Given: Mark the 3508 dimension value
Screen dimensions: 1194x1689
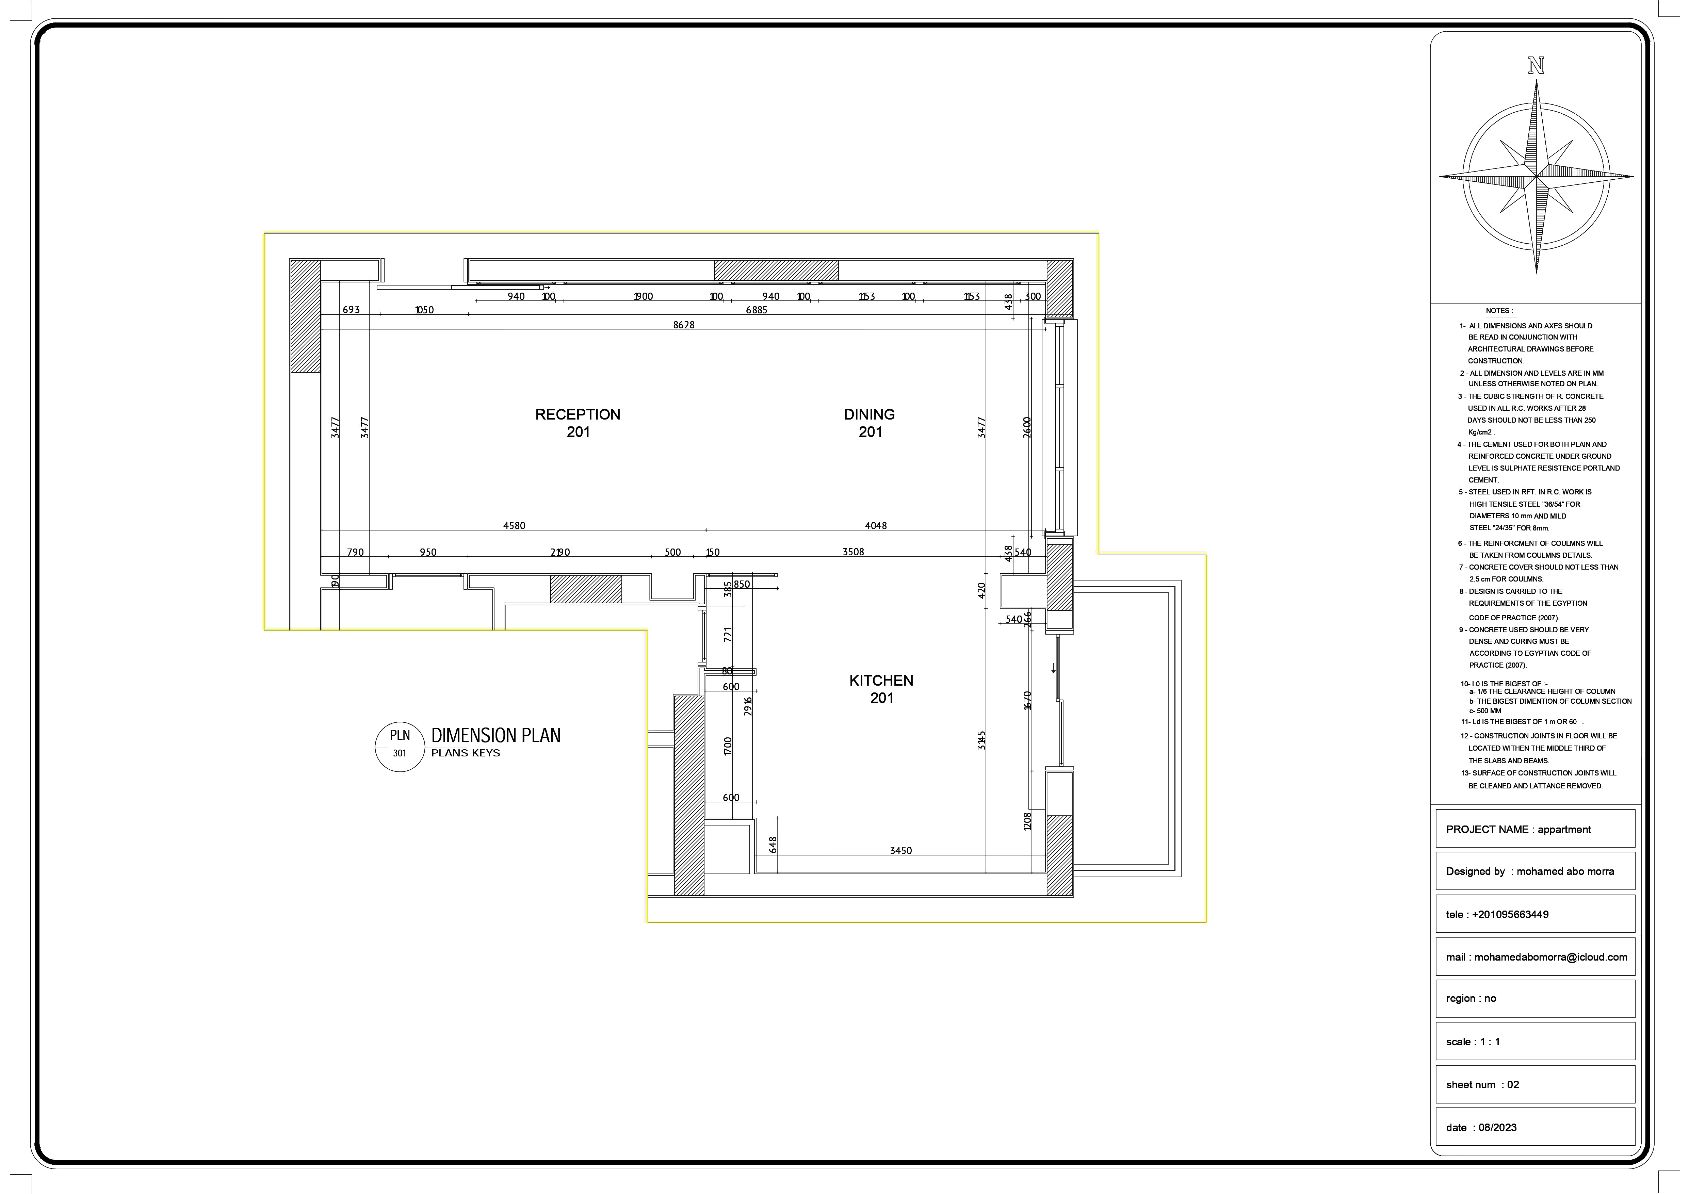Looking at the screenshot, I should click(853, 552).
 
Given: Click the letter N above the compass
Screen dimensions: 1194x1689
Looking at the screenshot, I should click(1536, 66).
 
